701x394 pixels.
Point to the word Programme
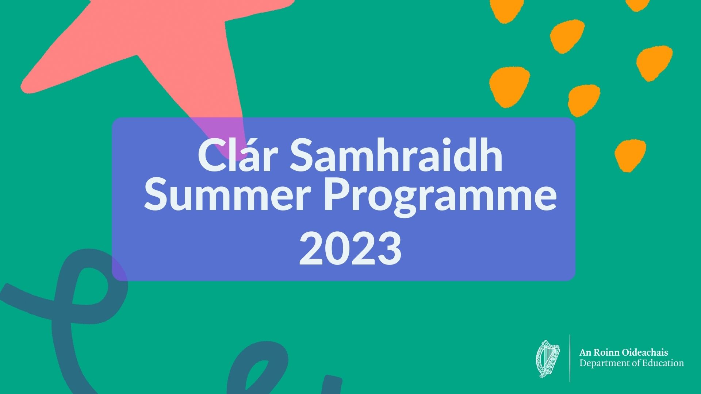tap(440, 197)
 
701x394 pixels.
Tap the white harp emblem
tap(548, 359)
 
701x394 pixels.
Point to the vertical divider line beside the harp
tap(570, 358)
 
